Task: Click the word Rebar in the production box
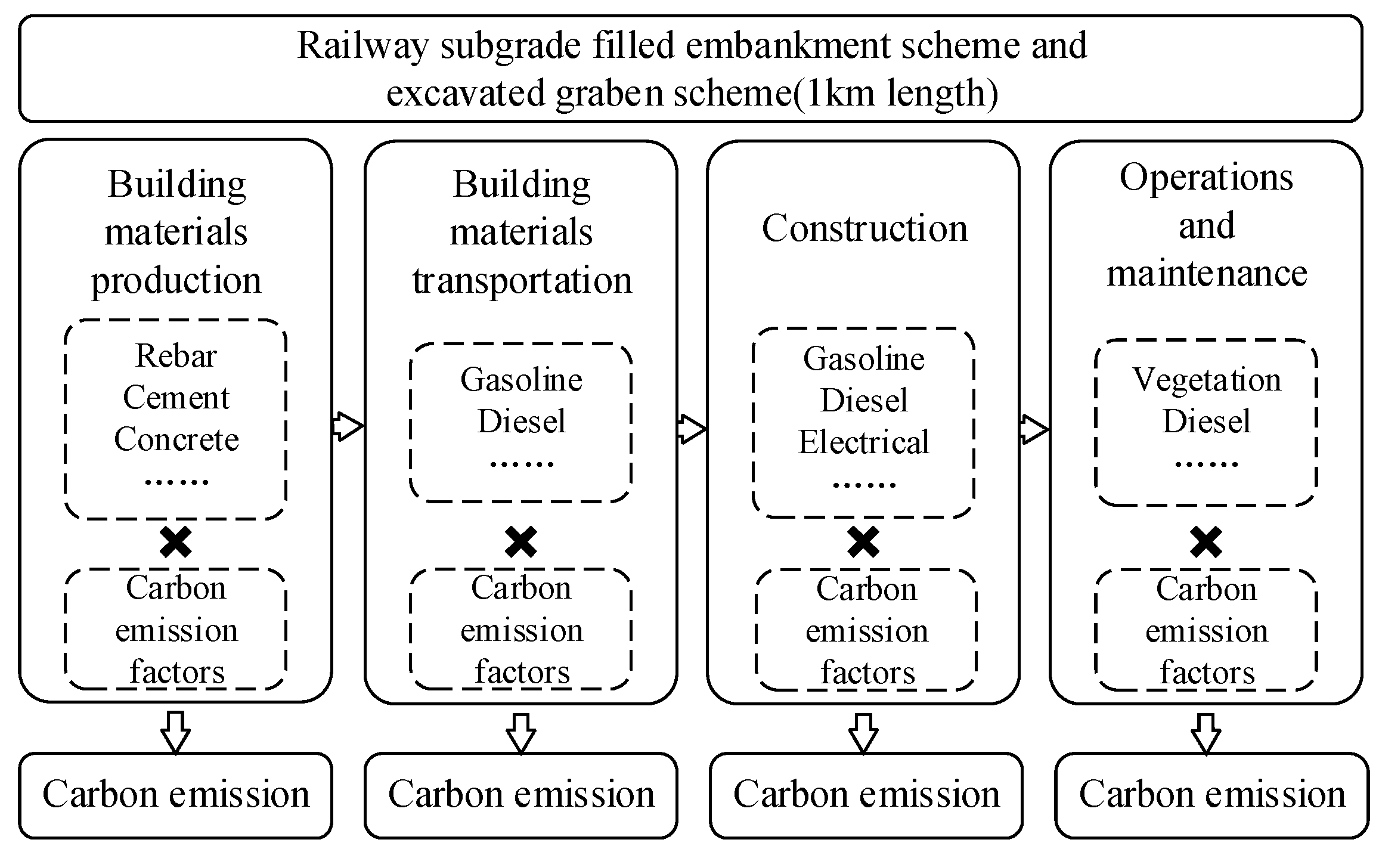click(176, 357)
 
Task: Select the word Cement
click(176, 398)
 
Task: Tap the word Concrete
click(176, 440)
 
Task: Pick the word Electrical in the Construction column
click(863, 442)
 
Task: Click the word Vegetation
click(1206, 380)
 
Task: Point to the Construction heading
click(864, 228)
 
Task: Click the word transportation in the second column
click(522, 280)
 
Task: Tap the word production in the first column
click(176, 280)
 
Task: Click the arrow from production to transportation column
click(348, 426)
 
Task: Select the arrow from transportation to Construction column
click(692, 429)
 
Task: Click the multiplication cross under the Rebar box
click(176, 542)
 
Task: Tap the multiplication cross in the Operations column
click(1206, 542)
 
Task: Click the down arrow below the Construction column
click(863, 733)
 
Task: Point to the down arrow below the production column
click(176, 732)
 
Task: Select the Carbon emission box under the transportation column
click(520, 795)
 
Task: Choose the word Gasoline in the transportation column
click(521, 380)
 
